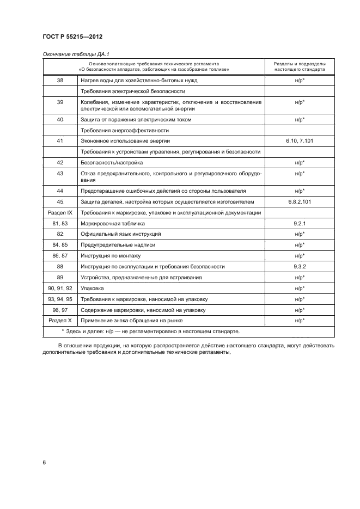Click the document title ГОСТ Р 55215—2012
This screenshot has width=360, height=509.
coord(72,36)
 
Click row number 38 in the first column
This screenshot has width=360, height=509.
coord(60,80)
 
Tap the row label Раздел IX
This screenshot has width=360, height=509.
coord(60,212)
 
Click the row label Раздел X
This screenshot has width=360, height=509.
coord(60,321)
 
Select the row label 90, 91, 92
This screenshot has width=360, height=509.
coord(60,288)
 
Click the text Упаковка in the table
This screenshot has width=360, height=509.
coord(92,288)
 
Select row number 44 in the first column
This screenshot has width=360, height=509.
coord(60,191)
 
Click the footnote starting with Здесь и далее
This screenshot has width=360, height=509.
coord(150,331)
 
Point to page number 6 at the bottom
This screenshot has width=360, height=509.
coord(44,462)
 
